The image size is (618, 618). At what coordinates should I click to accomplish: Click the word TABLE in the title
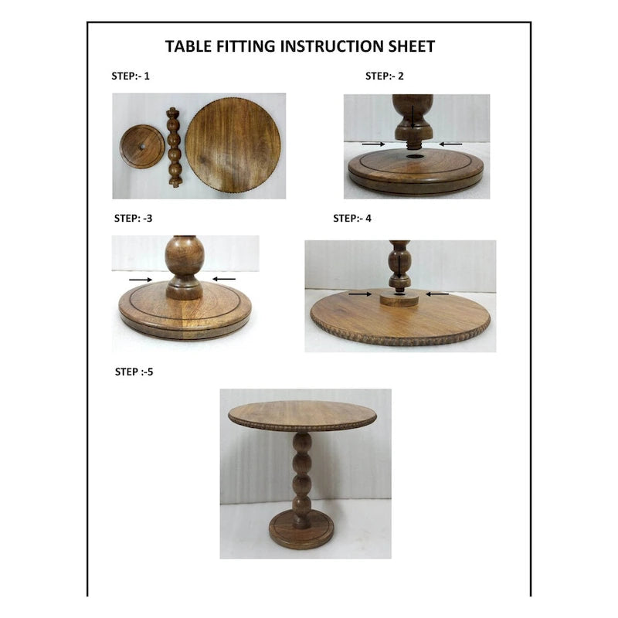188,46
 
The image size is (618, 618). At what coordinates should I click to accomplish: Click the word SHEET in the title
409,46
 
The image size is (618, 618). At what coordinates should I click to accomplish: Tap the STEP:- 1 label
131,76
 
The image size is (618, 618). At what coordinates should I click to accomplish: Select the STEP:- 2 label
384,76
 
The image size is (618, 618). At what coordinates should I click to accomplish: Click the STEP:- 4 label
351,219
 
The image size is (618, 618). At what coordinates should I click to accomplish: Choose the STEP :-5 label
134,372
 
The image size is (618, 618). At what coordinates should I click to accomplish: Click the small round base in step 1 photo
142,147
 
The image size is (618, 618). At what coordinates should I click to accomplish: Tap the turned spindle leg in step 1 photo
175,147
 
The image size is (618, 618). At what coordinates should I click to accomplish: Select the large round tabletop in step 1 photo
233,145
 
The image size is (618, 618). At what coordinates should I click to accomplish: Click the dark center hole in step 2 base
416,157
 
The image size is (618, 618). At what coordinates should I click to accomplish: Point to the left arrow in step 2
372,144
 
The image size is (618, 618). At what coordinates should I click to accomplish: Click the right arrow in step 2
450,144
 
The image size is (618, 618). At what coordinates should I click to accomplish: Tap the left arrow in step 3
140,279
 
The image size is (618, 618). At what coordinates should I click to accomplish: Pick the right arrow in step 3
224,279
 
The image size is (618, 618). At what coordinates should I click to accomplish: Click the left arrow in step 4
359,294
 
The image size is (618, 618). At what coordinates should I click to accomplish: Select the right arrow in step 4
437,294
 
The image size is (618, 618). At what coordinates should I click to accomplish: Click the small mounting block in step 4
399,297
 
